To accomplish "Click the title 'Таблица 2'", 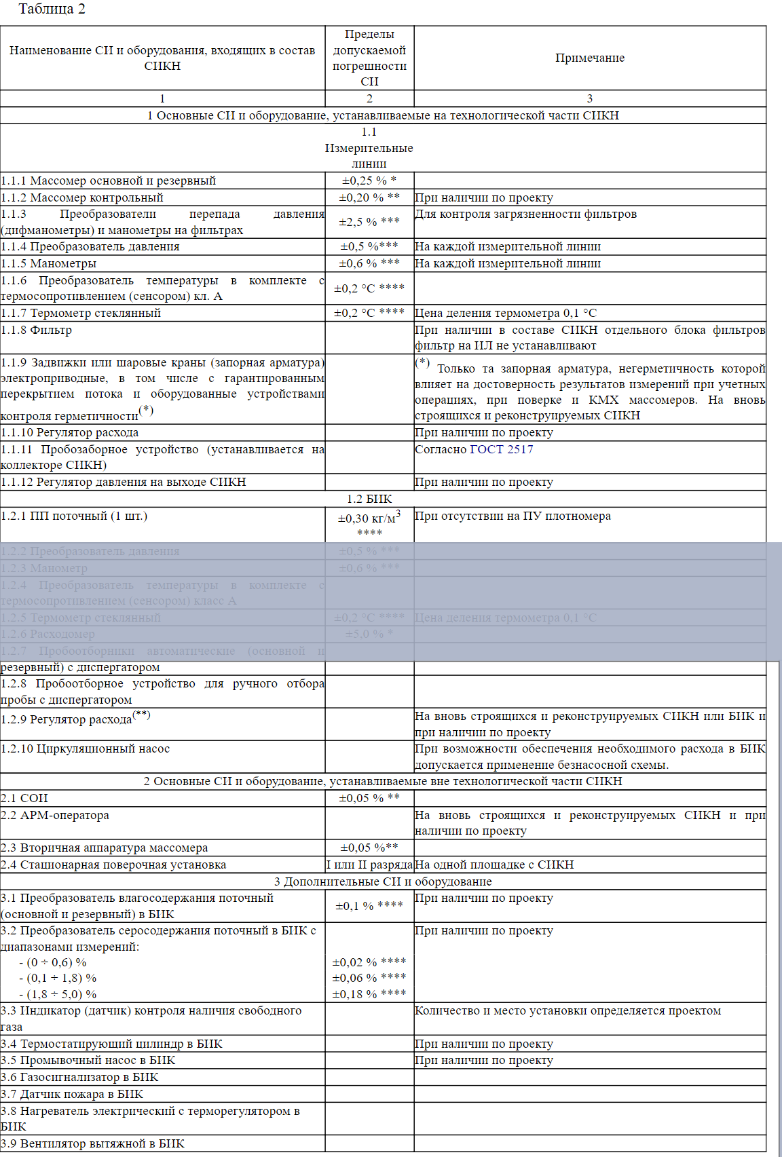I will click(x=52, y=10).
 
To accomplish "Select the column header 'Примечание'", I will click(x=589, y=58).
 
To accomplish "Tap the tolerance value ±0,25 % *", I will click(x=369, y=181).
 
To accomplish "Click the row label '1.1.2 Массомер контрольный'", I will click(x=82, y=197).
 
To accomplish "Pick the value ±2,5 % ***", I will click(x=369, y=222).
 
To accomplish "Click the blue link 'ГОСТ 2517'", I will click(x=501, y=449).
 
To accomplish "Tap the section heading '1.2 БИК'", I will click(x=369, y=499).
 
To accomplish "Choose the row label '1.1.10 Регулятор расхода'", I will click(x=70, y=432).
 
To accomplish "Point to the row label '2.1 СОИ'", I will click(x=24, y=798).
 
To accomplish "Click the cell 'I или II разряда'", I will click(x=369, y=865).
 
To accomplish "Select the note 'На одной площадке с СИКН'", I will click(x=494, y=865).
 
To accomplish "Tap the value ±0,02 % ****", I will click(x=369, y=962).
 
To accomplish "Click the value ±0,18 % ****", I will click(x=369, y=994).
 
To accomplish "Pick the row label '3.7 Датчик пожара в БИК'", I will click(x=72, y=1094).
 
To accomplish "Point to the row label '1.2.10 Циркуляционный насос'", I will click(x=86, y=748).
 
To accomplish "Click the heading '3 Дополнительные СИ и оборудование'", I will click(x=383, y=881).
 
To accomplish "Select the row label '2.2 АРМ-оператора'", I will click(x=55, y=815).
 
